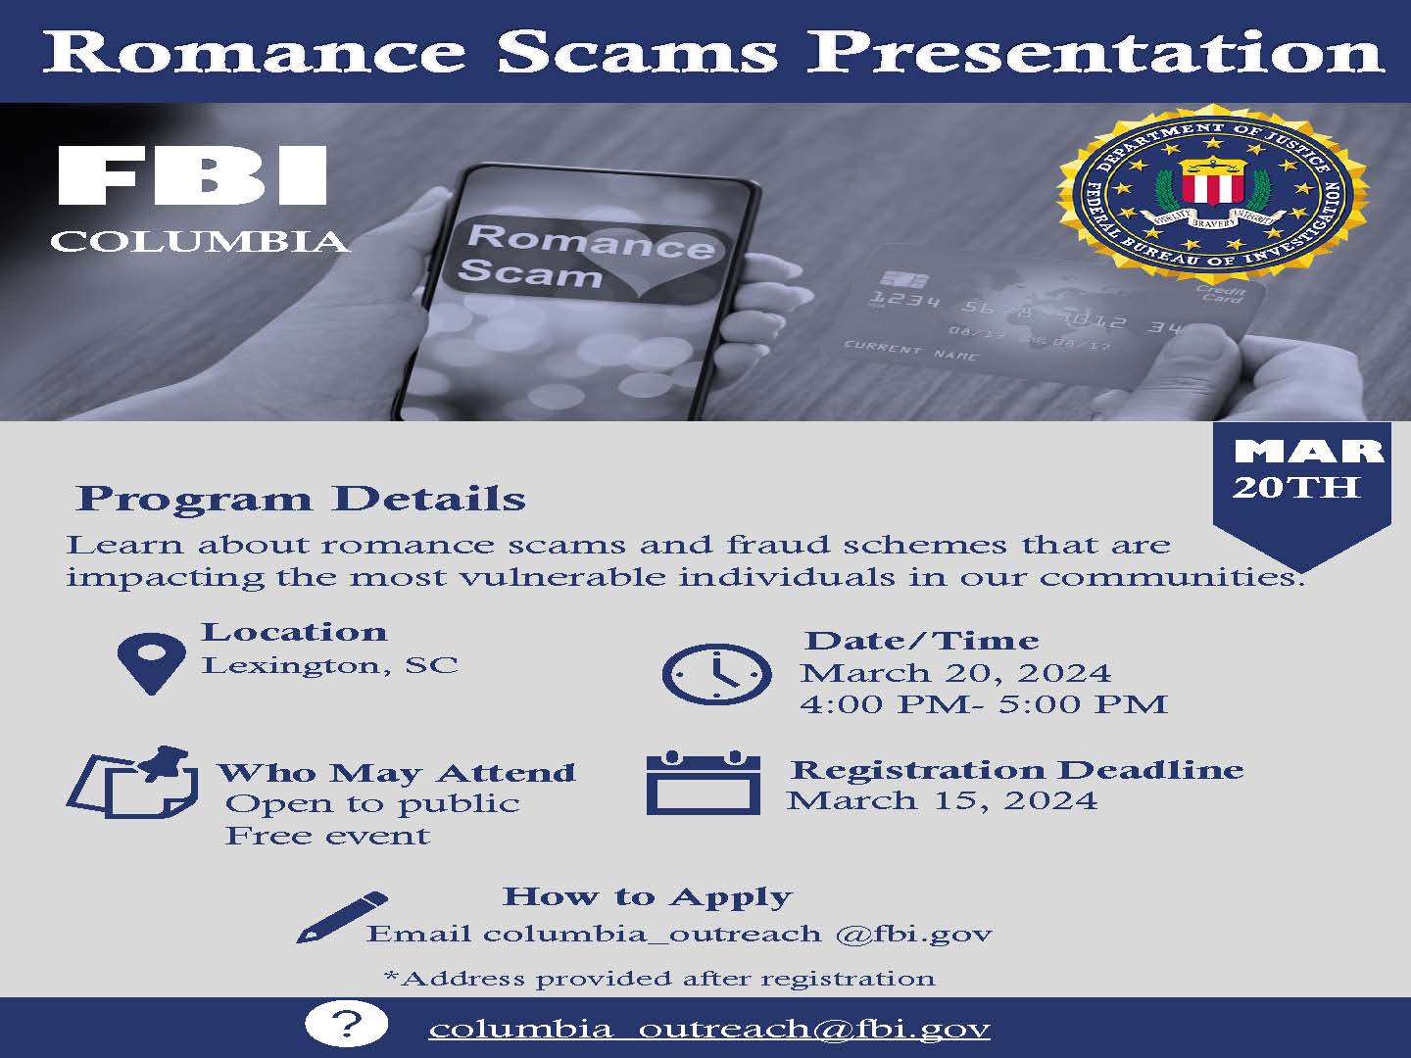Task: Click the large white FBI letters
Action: coord(192,176)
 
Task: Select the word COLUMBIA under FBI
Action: coord(200,241)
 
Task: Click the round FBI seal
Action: coord(1212,196)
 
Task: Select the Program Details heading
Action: coord(301,498)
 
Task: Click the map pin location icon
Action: coord(151,662)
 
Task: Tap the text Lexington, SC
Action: coord(329,665)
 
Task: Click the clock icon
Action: coord(716,674)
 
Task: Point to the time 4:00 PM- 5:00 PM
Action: coord(983,703)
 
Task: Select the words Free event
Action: coord(327,836)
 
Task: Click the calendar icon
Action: coord(704,783)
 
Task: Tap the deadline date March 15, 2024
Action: coord(942,800)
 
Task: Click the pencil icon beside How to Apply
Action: coord(341,917)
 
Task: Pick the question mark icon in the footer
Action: coord(346,1026)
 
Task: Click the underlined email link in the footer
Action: coord(709,1029)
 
